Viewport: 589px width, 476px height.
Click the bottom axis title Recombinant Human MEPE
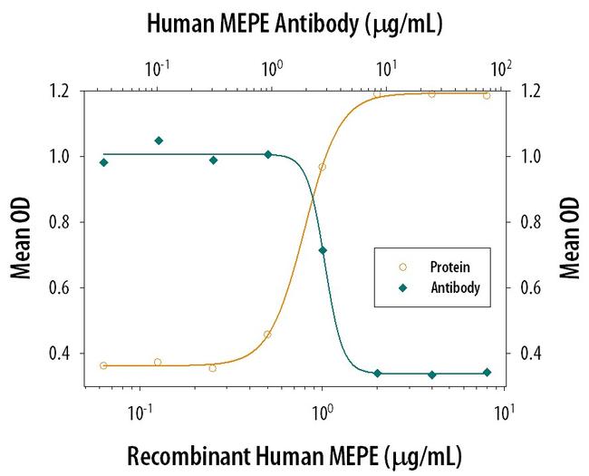294,452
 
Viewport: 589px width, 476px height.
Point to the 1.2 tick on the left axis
65,91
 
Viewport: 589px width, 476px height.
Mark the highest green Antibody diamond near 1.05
159,141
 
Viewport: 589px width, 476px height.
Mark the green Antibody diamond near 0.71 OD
323,250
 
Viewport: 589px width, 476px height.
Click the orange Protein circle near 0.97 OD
322,167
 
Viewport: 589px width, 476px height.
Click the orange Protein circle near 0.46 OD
267,335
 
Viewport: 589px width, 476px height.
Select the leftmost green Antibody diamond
103,162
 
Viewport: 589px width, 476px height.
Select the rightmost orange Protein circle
487,95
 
